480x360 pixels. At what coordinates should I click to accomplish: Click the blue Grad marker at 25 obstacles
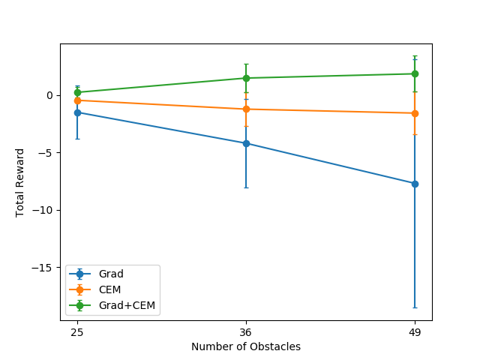click(x=77, y=112)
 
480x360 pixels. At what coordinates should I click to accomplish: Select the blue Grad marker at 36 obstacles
click(x=246, y=143)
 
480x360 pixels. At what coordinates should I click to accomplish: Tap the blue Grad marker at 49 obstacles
click(x=415, y=184)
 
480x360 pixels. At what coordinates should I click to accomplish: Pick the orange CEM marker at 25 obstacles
click(x=77, y=100)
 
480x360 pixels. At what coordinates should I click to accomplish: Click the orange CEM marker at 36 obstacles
click(x=246, y=109)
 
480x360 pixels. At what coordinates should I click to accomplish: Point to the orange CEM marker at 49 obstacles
click(x=415, y=113)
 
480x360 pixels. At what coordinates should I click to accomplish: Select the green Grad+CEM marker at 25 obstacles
click(x=77, y=92)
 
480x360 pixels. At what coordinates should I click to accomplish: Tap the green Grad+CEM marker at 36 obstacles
click(x=246, y=78)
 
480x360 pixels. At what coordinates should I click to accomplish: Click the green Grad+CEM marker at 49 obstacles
click(x=415, y=73)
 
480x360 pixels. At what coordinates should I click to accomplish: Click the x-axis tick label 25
click(x=77, y=332)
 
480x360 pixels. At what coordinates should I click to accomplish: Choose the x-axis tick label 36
click(x=246, y=332)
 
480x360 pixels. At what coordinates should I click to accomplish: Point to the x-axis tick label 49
click(x=415, y=332)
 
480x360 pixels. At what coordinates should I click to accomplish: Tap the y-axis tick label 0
click(x=49, y=95)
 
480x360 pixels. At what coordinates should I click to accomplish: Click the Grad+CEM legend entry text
click(x=127, y=305)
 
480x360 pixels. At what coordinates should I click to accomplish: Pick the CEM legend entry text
click(x=110, y=289)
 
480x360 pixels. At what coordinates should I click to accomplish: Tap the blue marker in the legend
click(x=80, y=274)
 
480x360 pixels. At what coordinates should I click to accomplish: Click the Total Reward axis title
click(x=20, y=183)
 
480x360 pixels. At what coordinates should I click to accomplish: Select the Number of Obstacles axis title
click(x=246, y=346)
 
